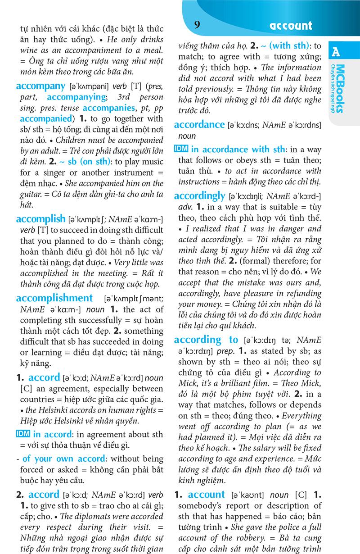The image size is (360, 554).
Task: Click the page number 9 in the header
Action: (x=197, y=25)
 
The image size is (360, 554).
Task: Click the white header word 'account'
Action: (x=291, y=26)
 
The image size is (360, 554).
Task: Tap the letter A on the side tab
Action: (x=336, y=52)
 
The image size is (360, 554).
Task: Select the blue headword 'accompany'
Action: (x=40, y=86)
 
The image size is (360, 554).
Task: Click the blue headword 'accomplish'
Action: (x=40, y=219)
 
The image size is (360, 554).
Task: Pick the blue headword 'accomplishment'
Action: (x=54, y=298)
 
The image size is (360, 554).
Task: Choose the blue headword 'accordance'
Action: (x=199, y=125)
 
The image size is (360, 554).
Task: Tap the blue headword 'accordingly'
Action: (x=199, y=196)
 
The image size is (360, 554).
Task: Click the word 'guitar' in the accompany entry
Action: (x=27, y=194)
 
